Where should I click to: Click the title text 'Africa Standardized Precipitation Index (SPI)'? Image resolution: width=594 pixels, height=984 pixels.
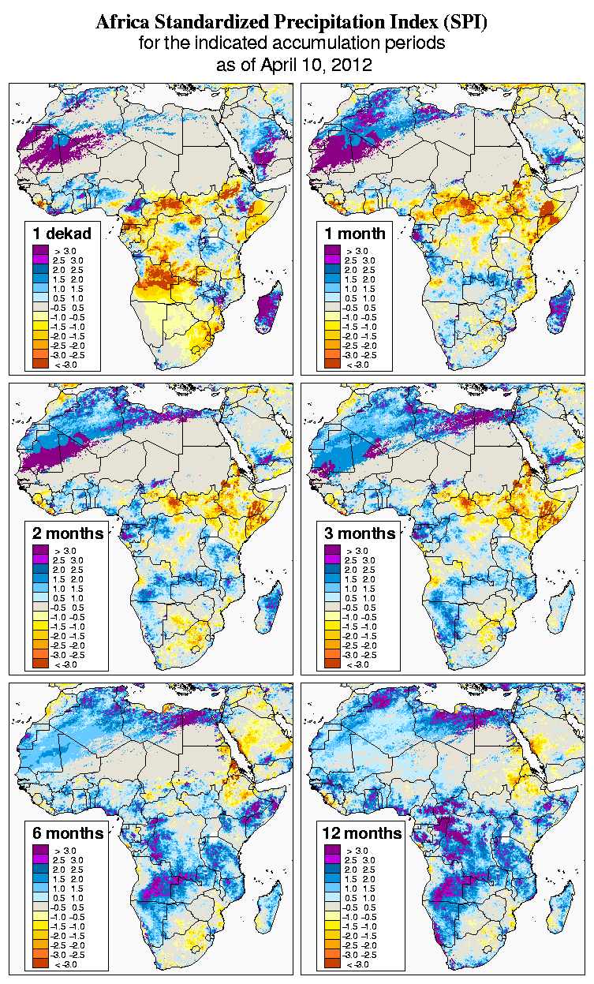tap(291, 23)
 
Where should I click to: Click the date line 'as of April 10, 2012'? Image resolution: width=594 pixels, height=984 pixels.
tap(293, 65)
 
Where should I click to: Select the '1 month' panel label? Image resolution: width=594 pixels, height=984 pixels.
tap(354, 233)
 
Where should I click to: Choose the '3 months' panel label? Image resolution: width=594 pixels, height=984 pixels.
tap(360, 533)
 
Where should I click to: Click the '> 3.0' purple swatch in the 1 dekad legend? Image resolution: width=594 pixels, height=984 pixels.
tap(41, 250)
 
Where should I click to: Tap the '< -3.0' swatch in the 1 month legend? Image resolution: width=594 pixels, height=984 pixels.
tap(333, 364)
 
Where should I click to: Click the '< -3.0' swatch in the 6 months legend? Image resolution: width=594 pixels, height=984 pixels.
tap(41, 963)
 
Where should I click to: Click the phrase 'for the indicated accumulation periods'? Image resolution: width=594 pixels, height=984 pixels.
tap(292, 43)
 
